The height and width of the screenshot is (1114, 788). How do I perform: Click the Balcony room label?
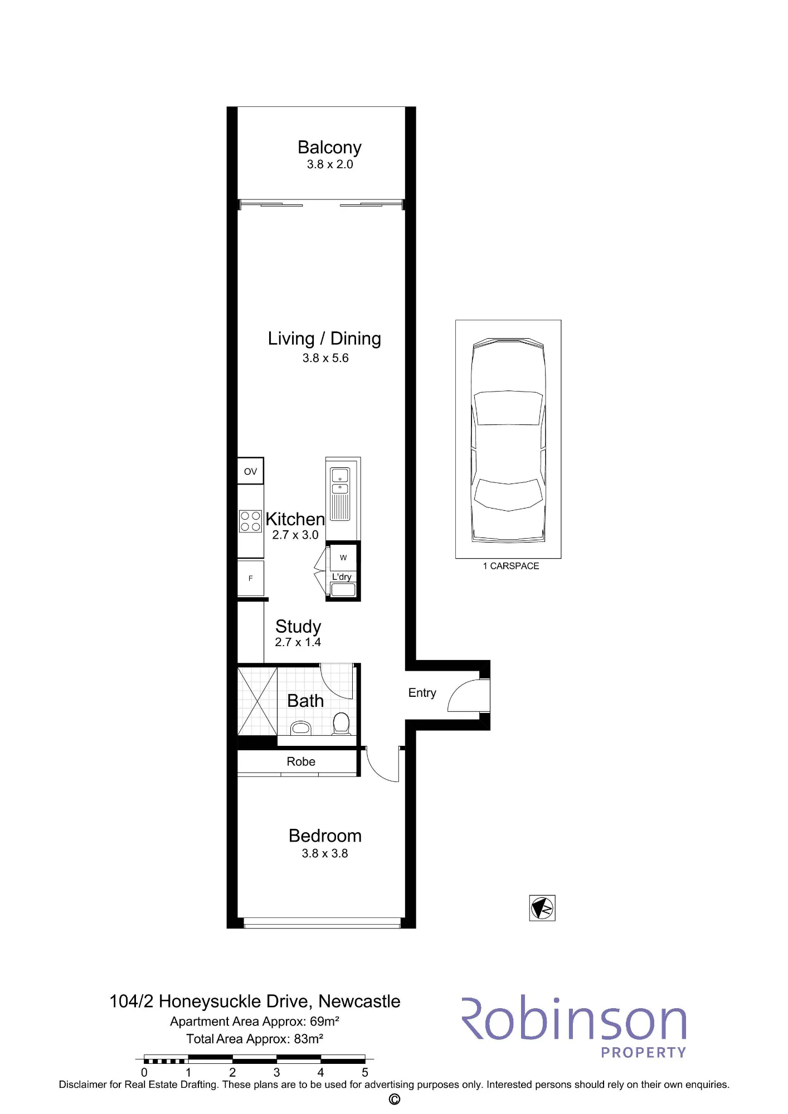pyautogui.click(x=329, y=148)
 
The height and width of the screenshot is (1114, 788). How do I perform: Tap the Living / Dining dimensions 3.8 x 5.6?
pyautogui.click(x=325, y=358)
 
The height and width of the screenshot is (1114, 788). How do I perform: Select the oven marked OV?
pyautogui.click(x=250, y=471)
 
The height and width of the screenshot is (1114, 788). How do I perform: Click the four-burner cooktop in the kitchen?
pyautogui.click(x=250, y=521)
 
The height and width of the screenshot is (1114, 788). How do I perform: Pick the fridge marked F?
pyautogui.click(x=250, y=578)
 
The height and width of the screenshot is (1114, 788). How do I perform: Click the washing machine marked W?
pyautogui.click(x=343, y=558)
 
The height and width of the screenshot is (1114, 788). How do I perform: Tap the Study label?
pyautogui.click(x=298, y=626)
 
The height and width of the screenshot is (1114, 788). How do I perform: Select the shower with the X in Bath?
pyautogui.click(x=257, y=701)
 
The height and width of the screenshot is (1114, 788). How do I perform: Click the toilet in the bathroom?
pyautogui.click(x=341, y=724)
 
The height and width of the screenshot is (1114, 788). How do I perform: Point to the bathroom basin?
pyautogui.click(x=301, y=728)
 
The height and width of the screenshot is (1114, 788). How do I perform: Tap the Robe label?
pyautogui.click(x=301, y=761)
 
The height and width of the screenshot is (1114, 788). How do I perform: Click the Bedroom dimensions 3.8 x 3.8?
pyautogui.click(x=325, y=853)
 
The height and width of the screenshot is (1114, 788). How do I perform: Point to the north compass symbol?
pyautogui.click(x=542, y=908)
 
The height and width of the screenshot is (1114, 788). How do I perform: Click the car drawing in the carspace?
pyautogui.click(x=508, y=440)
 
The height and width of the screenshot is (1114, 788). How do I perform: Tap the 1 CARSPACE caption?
pyautogui.click(x=511, y=566)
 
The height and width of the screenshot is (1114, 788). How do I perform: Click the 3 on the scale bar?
pyautogui.click(x=276, y=1072)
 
